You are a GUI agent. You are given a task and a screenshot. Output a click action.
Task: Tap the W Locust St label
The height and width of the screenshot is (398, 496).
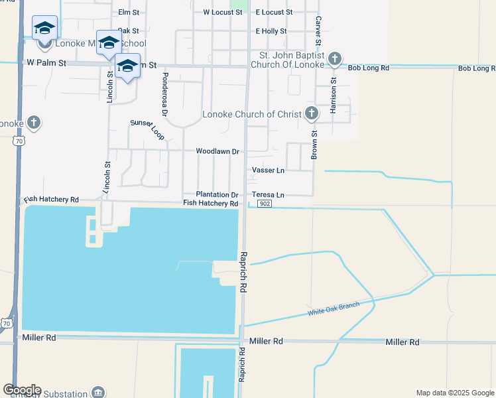(x=222, y=12)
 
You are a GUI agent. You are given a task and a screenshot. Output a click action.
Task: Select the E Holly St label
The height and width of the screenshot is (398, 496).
(x=271, y=31)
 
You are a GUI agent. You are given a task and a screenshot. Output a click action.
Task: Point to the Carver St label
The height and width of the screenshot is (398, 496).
(x=318, y=31)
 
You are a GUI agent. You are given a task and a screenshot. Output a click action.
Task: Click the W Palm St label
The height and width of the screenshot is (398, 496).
(x=46, y=63)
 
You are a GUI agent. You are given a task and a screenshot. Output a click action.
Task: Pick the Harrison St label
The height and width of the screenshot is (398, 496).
(x=334, y=95)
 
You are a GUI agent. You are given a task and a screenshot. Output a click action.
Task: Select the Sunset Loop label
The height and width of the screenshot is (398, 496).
(x=147, y=125)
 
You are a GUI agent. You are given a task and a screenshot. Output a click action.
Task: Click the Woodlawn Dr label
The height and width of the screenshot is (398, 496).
(x=217, y=151)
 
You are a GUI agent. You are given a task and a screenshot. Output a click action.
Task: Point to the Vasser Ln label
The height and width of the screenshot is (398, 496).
(x=268, y=170)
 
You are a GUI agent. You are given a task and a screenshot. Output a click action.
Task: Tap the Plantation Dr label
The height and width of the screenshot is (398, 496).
(x=217, y=194)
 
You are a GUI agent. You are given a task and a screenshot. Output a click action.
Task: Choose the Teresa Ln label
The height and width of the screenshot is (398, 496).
(x=268, y=194)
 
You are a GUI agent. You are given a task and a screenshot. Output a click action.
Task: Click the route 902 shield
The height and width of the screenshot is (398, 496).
(x=265, y=203)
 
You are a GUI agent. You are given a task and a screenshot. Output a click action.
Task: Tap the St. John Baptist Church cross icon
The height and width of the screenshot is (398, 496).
(x=335, y=60)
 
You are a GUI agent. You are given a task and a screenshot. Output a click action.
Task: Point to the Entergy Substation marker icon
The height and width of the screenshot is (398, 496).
(x=98, y=392)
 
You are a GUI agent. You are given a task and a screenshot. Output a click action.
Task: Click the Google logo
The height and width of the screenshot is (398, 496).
(x=21, y=390)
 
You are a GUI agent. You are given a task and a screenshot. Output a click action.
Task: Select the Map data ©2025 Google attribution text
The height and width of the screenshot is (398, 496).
(x=454, y=393)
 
